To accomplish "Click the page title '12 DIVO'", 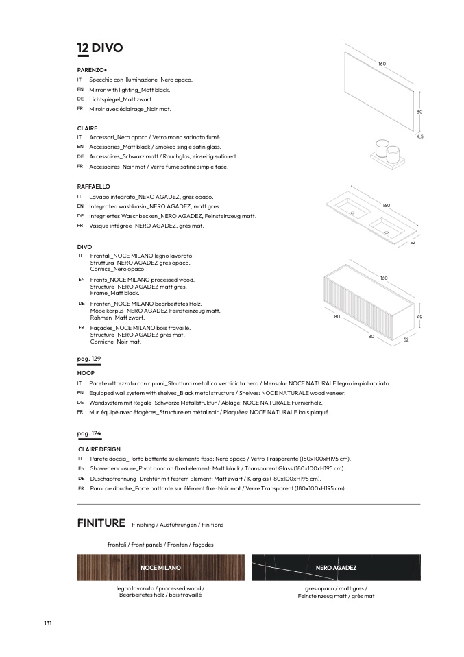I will click(100, 48).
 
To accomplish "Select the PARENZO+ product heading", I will click(92, 70).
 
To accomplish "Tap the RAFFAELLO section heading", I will click(93, 187).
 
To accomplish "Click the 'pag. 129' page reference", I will click(89, 359).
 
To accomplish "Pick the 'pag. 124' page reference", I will click(89, 434).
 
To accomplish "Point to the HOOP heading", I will click(86, 373).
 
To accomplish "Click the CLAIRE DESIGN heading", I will click(99, 449).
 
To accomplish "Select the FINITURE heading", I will click(101, 523).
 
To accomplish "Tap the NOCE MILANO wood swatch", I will click(160, 568).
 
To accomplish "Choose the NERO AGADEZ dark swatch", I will click(336, 568).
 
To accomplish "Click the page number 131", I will click(48, 623).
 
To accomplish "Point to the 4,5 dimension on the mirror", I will click(419, 137).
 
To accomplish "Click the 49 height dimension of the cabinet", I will click(419, 317).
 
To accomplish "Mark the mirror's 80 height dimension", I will click(419, 112).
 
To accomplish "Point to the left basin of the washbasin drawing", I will click(351, 206).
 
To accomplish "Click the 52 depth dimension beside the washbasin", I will click(413, 243).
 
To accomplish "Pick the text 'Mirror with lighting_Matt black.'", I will click(130, 90).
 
